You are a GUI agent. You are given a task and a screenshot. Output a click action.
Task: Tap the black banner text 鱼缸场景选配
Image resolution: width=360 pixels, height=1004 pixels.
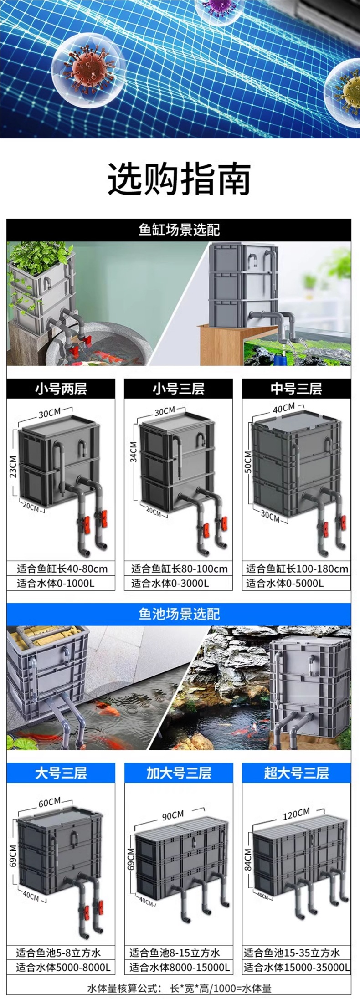tap(179, 230)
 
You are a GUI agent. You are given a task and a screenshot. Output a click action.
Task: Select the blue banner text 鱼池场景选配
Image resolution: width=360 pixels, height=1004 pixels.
tap(179, 614)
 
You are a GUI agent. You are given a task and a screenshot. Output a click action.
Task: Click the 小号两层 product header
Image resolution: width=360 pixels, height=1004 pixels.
tap(61, 389)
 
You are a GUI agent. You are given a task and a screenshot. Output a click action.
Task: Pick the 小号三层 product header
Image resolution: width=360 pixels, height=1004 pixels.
tap(178, 389)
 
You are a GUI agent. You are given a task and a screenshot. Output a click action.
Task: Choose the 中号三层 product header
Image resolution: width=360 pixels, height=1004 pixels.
tap(296, 389)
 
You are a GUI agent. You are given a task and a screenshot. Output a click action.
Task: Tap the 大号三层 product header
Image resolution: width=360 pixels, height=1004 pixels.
tap(61, 773)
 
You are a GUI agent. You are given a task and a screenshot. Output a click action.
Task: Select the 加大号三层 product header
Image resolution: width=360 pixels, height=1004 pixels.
tap(179, 773)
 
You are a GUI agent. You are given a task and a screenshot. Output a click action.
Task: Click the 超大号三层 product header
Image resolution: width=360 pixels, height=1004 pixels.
tap(296, 773)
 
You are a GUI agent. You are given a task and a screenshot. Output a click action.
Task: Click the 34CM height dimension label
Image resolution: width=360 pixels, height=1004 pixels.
tap(134, 452)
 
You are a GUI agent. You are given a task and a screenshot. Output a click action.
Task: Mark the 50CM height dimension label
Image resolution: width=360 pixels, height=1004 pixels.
tap(248, 462)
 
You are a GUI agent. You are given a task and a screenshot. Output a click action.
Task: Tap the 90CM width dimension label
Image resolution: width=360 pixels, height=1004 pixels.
tap(173, 815)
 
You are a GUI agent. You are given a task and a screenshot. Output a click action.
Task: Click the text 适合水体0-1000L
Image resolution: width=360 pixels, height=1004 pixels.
tap(56, 583)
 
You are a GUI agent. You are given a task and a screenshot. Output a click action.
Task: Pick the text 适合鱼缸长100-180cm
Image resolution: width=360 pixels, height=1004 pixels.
tap(297, 568)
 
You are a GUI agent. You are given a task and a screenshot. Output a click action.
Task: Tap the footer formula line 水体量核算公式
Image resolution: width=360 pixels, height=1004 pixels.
tap(179, 988)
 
